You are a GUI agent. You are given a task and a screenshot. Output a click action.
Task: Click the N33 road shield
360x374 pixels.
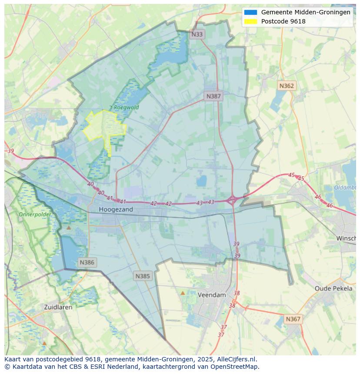(197, 34)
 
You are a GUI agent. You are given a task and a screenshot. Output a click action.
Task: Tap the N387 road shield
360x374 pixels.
(213, 96)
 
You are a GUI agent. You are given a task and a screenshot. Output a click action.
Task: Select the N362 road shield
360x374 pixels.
(287, 86)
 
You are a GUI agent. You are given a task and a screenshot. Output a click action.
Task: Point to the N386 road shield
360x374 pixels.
(87, 262)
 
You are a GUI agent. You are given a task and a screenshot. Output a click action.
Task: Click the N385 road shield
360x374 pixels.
(143, 276)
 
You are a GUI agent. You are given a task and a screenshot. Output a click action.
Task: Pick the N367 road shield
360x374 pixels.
(293, 319)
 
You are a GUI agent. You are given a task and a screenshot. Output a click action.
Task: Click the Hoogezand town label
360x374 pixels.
(116, 209)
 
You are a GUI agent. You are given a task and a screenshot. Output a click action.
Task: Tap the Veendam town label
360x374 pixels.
(212, 295)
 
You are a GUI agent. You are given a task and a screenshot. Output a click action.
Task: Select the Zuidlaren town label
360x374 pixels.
(58, 307)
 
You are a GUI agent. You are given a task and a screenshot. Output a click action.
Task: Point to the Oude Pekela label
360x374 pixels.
(333, 288)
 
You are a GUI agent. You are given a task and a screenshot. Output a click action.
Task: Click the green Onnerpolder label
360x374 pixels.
(35, 215)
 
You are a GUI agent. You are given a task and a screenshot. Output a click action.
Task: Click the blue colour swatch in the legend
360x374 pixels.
(251, 13)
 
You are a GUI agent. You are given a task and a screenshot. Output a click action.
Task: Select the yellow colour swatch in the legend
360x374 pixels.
(251, 21)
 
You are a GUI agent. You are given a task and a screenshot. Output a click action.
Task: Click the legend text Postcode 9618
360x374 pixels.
(283, 21)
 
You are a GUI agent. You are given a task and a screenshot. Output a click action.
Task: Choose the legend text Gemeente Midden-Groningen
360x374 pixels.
(306, 13)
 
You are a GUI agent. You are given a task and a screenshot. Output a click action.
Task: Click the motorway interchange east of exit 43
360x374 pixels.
(232, 200)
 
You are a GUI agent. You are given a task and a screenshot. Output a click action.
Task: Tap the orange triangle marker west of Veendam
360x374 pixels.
(183, 293)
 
